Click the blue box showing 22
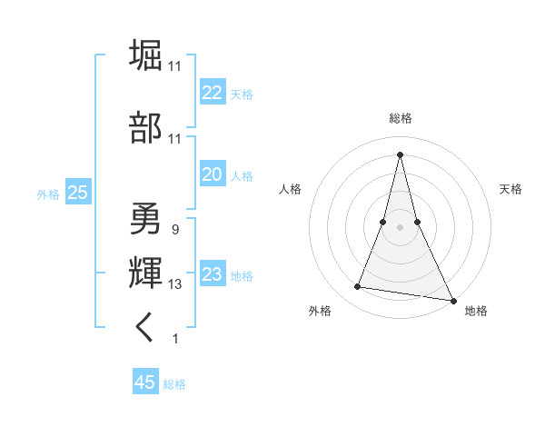[212, 93]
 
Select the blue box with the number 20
[212, 174]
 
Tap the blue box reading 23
[212, 274]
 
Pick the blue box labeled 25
[77, 192]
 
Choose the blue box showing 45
[145, 382]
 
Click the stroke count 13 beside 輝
[175, 284]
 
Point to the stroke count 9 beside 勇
[174, 230]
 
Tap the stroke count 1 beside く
[174, 339]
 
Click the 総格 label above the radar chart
[401, 118]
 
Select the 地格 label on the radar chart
[476, 311]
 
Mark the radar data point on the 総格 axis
[401, 154]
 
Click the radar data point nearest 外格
[358, 287]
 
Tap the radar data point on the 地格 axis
[452, 301]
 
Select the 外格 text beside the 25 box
[48, 194]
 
